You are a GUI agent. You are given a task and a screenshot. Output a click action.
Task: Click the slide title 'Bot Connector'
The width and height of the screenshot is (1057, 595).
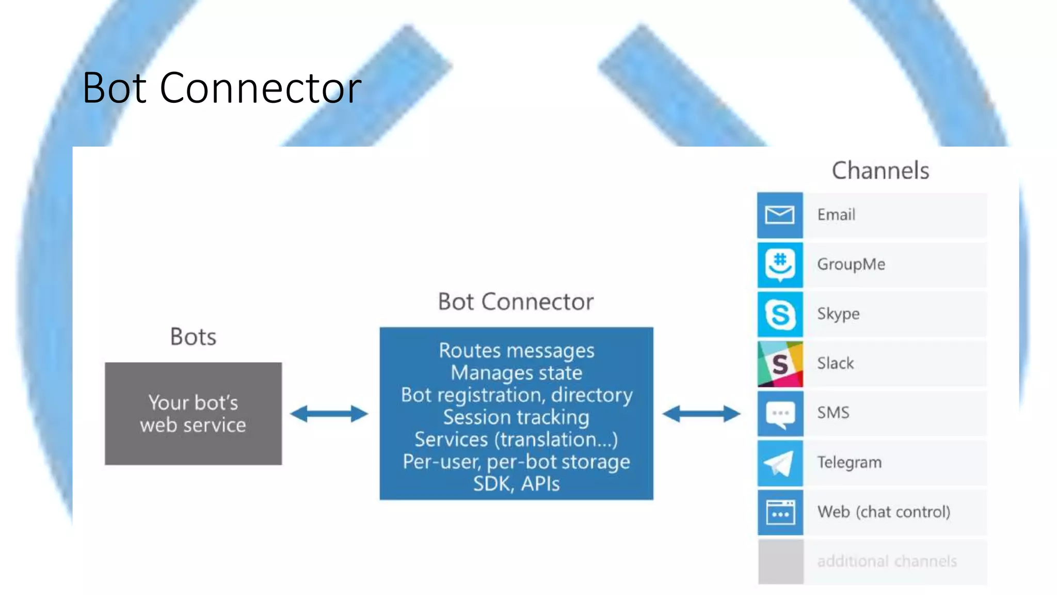[x=222, y=88]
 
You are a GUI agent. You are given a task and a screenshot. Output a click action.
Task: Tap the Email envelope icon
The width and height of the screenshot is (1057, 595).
[x=780, y=215]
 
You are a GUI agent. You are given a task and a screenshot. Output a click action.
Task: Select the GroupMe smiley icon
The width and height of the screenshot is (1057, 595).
[x=780, y=264]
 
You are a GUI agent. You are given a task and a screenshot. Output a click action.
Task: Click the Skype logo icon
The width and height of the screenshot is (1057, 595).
[x=780, y=314]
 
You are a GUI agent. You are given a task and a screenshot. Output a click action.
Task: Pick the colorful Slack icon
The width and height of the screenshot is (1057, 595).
[x=780, y=364]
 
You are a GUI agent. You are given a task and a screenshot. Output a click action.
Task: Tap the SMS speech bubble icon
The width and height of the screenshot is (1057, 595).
[x=780, y=413]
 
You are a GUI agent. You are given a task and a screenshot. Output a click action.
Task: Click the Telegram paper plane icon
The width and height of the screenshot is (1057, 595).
[x=780, y=463]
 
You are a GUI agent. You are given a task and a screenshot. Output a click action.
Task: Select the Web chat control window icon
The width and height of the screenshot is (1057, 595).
[x=780, y=512]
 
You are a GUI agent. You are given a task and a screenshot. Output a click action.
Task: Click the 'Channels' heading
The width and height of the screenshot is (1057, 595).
[x=880, y=170]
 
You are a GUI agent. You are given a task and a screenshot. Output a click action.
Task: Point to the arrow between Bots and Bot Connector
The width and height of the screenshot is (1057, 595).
[x=329, y=414]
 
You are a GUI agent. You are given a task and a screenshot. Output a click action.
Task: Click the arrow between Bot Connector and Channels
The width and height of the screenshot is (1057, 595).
[x=701, y=414]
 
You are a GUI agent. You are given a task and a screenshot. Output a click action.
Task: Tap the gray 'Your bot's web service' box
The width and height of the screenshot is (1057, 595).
[x=193, y=414]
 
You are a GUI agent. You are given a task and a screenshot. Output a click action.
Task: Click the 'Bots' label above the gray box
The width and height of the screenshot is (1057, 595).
[x=193, y=337]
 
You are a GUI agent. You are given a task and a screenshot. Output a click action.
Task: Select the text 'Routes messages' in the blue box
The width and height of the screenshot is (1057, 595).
[x=516, y=351]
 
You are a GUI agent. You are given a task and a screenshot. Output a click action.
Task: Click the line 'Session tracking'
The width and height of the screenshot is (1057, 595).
[x=516, y=417]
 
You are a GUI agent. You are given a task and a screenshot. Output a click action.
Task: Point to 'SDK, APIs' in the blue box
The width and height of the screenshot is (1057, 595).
[x=516, y=484]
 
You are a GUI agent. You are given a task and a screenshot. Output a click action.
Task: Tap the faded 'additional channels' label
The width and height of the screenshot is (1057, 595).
[x=887, y=561]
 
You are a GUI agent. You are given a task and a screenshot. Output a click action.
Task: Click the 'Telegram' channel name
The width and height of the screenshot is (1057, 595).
[x=849, y=462]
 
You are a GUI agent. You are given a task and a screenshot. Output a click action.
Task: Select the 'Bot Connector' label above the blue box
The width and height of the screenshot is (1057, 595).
[x=516, y=302]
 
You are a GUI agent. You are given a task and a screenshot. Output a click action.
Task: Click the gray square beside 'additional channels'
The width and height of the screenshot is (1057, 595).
[x=780, y=561]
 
